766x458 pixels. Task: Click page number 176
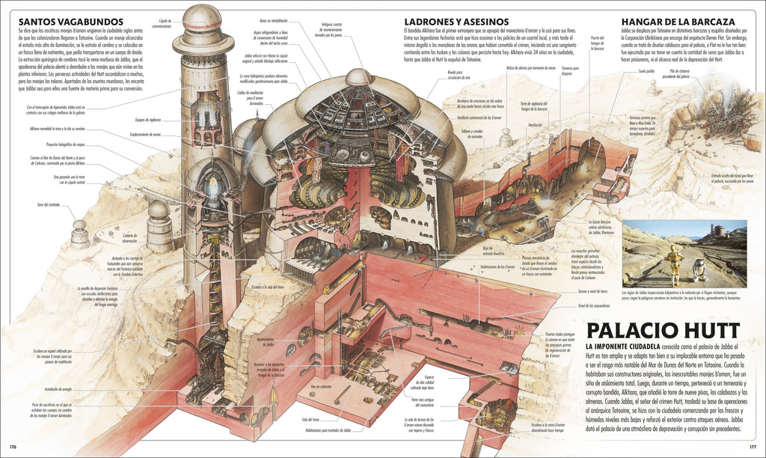tap(13, 447)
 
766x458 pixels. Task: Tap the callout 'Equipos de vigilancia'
tap(150, 119)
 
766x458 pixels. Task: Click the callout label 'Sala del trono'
tap(310, 421)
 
